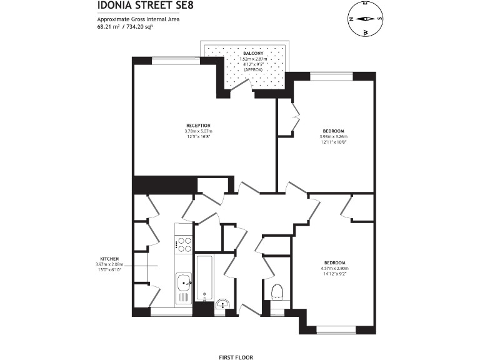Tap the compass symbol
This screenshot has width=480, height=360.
coord(366,19)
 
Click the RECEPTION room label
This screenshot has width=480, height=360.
coord(198,125)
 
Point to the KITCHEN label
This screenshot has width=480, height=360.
coord(109,258)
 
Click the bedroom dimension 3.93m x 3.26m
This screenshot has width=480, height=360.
coord(333,136)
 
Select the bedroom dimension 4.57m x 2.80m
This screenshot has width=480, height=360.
coord(333,269)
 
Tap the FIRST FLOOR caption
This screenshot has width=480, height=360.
coord(236,357)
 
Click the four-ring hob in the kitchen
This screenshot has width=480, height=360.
coord(184,244)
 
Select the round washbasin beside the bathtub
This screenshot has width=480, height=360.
coord(223,304)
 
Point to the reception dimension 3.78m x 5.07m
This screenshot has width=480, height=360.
coord(198,131)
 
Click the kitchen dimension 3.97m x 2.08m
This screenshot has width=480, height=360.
coord(109,264)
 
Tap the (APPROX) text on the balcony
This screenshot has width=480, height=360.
coord(253,70)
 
